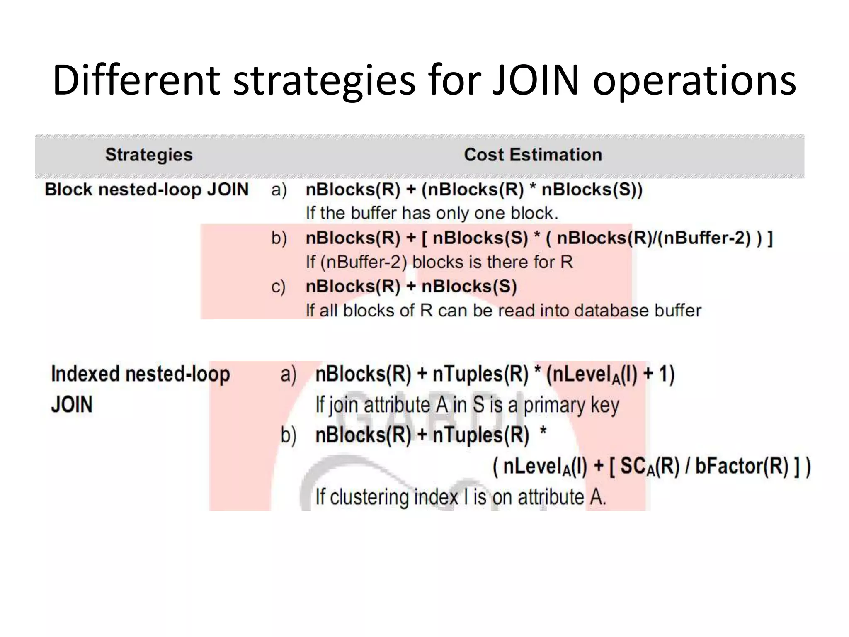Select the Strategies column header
149,155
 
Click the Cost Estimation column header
533,155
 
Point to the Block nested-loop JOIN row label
146,190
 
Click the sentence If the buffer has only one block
432,213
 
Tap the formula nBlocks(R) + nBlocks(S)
411,287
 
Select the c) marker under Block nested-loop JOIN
279,287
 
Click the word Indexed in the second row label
85,374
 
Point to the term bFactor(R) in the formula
742,466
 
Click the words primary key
571,405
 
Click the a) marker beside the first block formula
279,190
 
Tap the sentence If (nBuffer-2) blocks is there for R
439,262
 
